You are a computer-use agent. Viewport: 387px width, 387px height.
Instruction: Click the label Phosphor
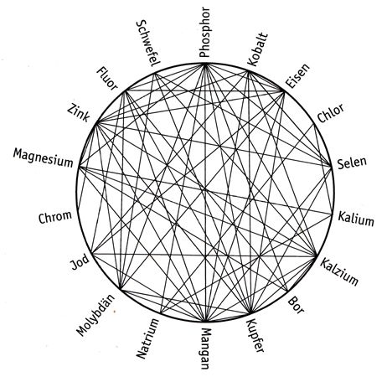204,33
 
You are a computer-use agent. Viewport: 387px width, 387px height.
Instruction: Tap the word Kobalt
257,49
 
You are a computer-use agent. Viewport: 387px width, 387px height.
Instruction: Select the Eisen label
297,76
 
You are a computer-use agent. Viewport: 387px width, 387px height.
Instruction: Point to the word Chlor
331,113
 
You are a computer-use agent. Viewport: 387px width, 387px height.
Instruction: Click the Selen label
352,163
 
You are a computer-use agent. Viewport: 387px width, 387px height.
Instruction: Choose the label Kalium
356,219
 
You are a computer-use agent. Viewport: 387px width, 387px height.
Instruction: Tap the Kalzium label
339,271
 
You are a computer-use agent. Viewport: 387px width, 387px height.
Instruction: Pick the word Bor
296,305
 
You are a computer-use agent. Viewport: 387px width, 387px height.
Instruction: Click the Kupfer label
255,336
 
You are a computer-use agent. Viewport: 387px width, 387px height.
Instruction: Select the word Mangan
205,348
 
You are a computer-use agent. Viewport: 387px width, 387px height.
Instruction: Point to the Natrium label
147,338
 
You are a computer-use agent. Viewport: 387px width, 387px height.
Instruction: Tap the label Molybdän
95,315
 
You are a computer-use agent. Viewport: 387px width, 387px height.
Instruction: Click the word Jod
80,262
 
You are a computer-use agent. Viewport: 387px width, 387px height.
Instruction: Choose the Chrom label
55,217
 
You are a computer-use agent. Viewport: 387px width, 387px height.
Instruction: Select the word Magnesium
43,157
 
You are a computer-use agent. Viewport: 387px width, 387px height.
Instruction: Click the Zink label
79,112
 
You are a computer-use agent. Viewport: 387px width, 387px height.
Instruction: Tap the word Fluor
107,79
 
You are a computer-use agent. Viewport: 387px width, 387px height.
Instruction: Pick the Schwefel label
148,44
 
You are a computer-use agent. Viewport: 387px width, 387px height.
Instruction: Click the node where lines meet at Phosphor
205,64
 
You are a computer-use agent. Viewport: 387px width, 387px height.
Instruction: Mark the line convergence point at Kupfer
251,313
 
